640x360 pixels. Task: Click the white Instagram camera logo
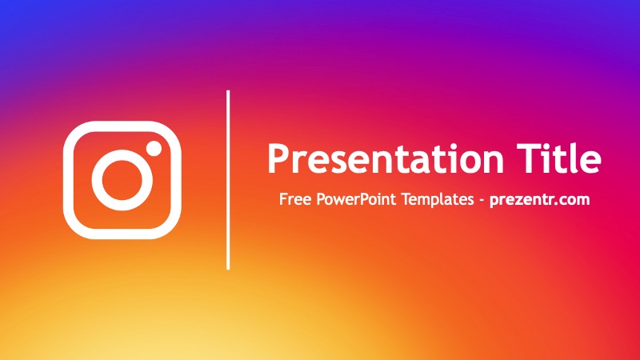click(70, 180)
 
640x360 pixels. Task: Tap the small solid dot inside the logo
click(154, 148)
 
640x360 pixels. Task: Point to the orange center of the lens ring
click(122, 180)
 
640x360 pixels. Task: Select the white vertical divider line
click(228, 180)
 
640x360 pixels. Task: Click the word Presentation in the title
click(386, 159)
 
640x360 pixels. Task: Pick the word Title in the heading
click(558, 158)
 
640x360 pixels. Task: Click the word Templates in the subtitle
click(438, 200)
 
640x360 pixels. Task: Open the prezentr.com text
click(539, 200)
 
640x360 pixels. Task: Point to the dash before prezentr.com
click(482, 201)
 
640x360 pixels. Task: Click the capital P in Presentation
click(278, 158)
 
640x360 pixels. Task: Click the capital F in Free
click(284, 199)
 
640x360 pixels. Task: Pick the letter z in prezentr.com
click(520, 201)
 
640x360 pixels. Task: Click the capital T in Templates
click(406, 199)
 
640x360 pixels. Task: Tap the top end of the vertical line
click(228, 90)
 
